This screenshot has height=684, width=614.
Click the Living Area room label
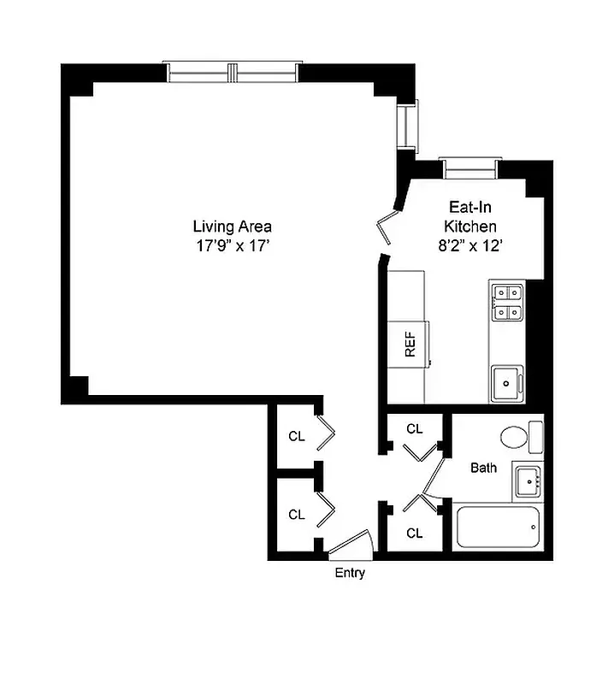point(232,227)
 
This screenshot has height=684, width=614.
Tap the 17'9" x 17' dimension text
point(232,246)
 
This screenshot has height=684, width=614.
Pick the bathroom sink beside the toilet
point(528,481)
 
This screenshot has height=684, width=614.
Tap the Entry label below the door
point(349,573)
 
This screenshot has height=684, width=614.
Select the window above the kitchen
point(469,168)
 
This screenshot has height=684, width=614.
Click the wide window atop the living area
point(233,74)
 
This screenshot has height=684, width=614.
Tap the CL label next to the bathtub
point(415,533)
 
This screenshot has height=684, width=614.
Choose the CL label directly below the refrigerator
point(415,428)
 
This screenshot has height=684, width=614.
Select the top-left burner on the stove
point(500,292)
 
